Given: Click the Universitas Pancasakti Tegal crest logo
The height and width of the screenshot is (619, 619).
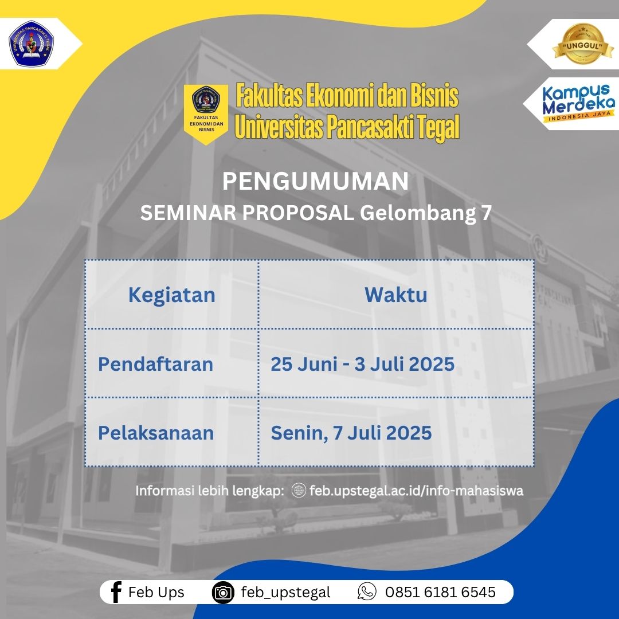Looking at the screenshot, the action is pyautogui.click(x=31, y=44).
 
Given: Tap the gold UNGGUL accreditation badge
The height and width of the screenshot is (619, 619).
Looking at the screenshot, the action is pyautogui.click(x=583, y=44).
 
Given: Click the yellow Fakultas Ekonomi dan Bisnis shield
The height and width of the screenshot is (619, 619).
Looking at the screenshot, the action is pyautogui.click(x=206, y=114).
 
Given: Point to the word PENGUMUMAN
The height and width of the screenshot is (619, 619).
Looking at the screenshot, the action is pyautogui.click(x=315, y=181).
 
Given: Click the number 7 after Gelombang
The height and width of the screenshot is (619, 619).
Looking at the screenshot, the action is pyautogui.click(x=487, y=213).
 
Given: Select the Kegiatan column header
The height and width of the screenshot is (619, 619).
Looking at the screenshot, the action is pyautogui.click(x=172, y=295).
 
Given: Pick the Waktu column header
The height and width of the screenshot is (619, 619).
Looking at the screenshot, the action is pyautogui.click(x=396, y=295).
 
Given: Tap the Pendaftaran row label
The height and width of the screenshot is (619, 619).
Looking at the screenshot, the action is pyautogui.click(x=155, y=364).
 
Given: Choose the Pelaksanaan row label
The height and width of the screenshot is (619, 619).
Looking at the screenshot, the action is pyautogui.click(x=156, y=433).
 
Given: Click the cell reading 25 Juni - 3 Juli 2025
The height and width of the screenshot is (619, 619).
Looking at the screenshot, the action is pyautogui.click(x=362, y=364).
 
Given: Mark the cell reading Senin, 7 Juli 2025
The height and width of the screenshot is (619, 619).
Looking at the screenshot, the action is pyautogui.click(x=351, y=433).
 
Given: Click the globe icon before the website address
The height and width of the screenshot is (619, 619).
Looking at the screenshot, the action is pyautogui.click(x=299, y=490).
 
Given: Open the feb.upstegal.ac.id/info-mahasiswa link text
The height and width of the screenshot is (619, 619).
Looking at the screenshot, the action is pyautogui.click(x=417, y=491).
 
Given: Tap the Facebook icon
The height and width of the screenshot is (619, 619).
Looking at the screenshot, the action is pyautogui.click(x=116, y=592).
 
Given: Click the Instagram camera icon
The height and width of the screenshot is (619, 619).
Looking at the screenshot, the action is pyautogui.click(x=223, y=593).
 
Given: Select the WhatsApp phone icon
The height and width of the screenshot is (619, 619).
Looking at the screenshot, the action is pyautogui.click(x=367, y=591).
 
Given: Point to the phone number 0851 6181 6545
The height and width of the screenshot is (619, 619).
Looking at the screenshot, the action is pyautogui.click(x=440, y=592).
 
